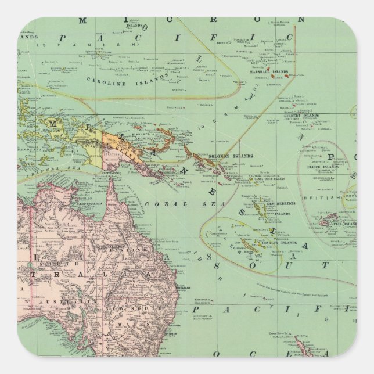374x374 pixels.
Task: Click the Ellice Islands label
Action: (x=322, y=167)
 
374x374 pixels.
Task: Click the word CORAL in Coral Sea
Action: (x=158, y=204)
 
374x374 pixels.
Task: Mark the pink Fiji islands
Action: (x=341, y=220)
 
